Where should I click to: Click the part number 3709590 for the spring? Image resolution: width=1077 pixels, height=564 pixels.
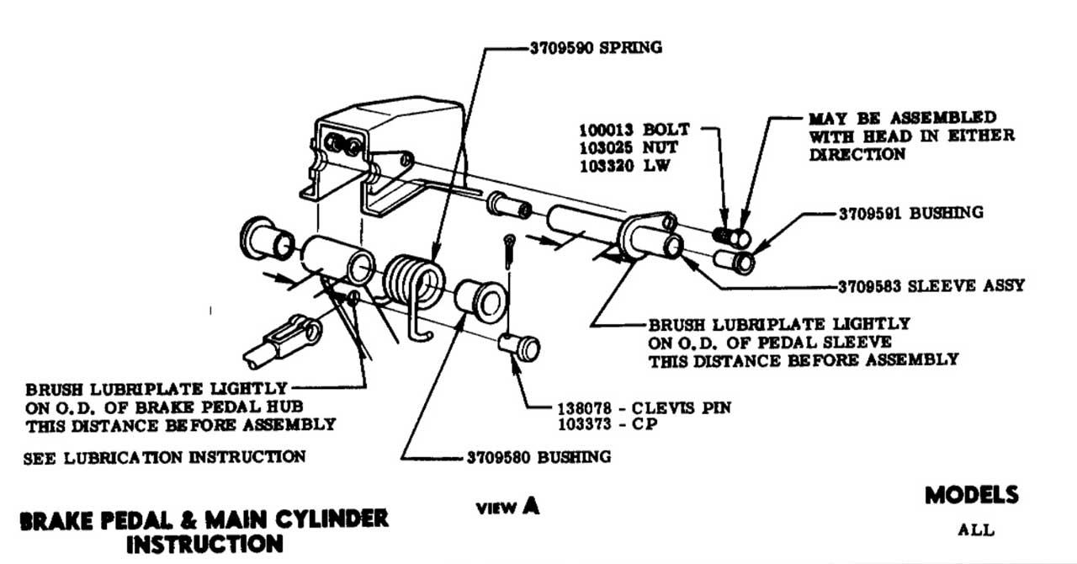tap(562, 48)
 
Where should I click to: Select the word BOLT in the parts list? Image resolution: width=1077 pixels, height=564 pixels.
tap(667, 130)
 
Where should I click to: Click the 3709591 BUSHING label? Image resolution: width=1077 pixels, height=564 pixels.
tap(910, 213)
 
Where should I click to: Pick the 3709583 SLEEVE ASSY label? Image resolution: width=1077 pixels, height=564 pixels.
tap(931, 285)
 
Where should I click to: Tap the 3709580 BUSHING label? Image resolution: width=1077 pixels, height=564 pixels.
tap(538, 457)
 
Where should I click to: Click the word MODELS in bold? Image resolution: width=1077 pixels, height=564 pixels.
tap(972, 495)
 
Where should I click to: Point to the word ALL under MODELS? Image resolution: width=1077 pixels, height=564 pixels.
tap(976, 530)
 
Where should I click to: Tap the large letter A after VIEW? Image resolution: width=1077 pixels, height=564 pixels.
tap(529, 506)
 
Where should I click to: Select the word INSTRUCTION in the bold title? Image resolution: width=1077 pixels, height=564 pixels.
tap(204, 544)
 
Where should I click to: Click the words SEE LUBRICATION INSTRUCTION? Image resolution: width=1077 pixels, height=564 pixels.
tap(165, 457)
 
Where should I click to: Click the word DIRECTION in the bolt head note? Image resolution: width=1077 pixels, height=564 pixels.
tap(857, 154)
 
